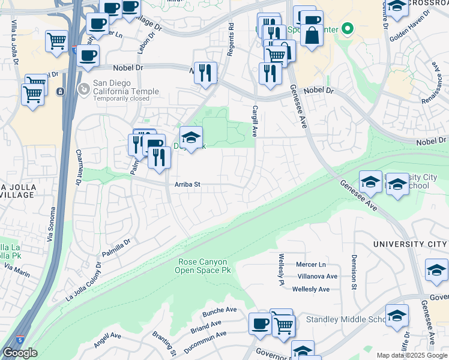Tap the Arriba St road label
pos(187,185)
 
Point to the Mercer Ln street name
pos(310,265)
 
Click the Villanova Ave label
pos(318,277)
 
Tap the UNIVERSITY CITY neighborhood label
pos(409,244)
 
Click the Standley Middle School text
pos(347,319)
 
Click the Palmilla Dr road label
pos(115,249)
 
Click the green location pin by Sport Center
pos(347,29)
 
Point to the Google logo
pos(20,353)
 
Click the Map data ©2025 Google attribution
pos(412,355)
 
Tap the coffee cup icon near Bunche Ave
pos(260,323)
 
